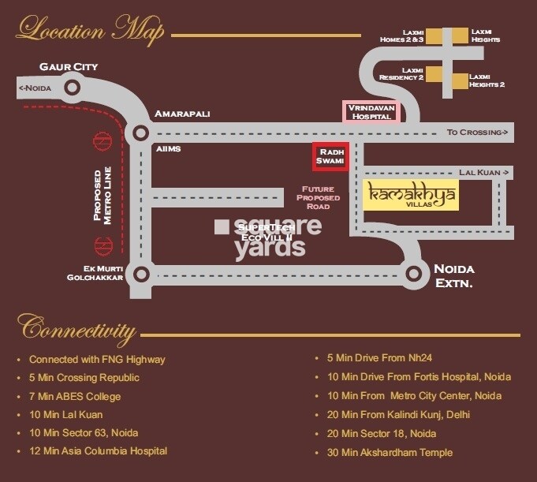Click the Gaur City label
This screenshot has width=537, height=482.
(x=74, y=67)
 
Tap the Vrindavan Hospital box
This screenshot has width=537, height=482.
(x=371, y=112)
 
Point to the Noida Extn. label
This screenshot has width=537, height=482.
(x=454, y=275)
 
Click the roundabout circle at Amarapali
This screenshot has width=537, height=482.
(x=142, y=133)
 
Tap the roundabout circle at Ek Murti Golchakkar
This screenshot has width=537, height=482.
(x=142, y=274)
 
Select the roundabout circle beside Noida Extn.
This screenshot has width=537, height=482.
(x=414, y=274)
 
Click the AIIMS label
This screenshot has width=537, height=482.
(x=166, y=149)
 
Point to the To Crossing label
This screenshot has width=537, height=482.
(x=476, y=132)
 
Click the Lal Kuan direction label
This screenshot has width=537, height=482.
(x=485, y=172)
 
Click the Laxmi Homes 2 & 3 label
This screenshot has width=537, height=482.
(x=402, y=36)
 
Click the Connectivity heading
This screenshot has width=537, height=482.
(x=76, y=327)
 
